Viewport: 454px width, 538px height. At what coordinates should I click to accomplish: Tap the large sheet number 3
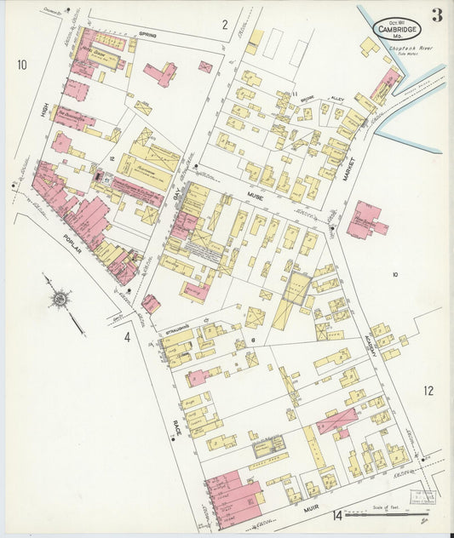436,15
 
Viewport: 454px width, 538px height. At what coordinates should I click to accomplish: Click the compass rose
60,299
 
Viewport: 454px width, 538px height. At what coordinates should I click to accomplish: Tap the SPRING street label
149,35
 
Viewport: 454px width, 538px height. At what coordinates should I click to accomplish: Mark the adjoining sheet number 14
337,514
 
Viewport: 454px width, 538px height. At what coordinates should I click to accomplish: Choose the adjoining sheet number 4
127,338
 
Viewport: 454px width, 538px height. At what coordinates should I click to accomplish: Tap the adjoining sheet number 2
225,25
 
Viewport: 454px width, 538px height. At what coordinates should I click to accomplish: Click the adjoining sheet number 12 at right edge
428,391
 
